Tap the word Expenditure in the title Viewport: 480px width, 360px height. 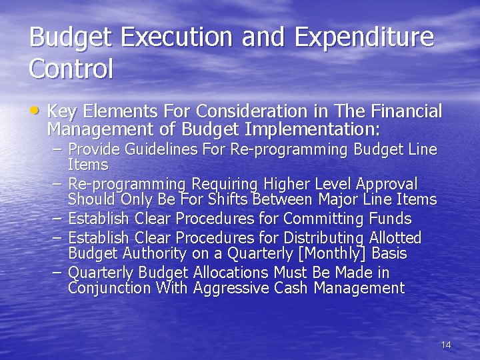[364, 37]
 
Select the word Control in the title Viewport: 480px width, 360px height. [71, 69]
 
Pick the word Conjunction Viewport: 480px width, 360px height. [109, 288]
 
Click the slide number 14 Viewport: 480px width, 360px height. [446, 345]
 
